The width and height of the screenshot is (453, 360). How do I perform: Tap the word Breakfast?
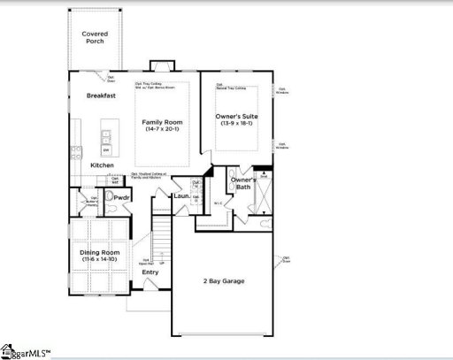(102, 96)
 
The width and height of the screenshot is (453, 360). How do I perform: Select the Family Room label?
(163, 121)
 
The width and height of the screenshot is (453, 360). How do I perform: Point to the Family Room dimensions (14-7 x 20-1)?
(163, 130)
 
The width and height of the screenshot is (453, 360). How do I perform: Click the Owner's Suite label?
(236, 116)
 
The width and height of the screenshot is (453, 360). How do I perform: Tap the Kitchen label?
(102, 165)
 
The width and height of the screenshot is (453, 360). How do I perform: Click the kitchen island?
(106, 140)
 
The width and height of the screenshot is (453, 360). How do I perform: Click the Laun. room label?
(181, 195)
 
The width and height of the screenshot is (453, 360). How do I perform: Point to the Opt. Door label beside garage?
(285, 260)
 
